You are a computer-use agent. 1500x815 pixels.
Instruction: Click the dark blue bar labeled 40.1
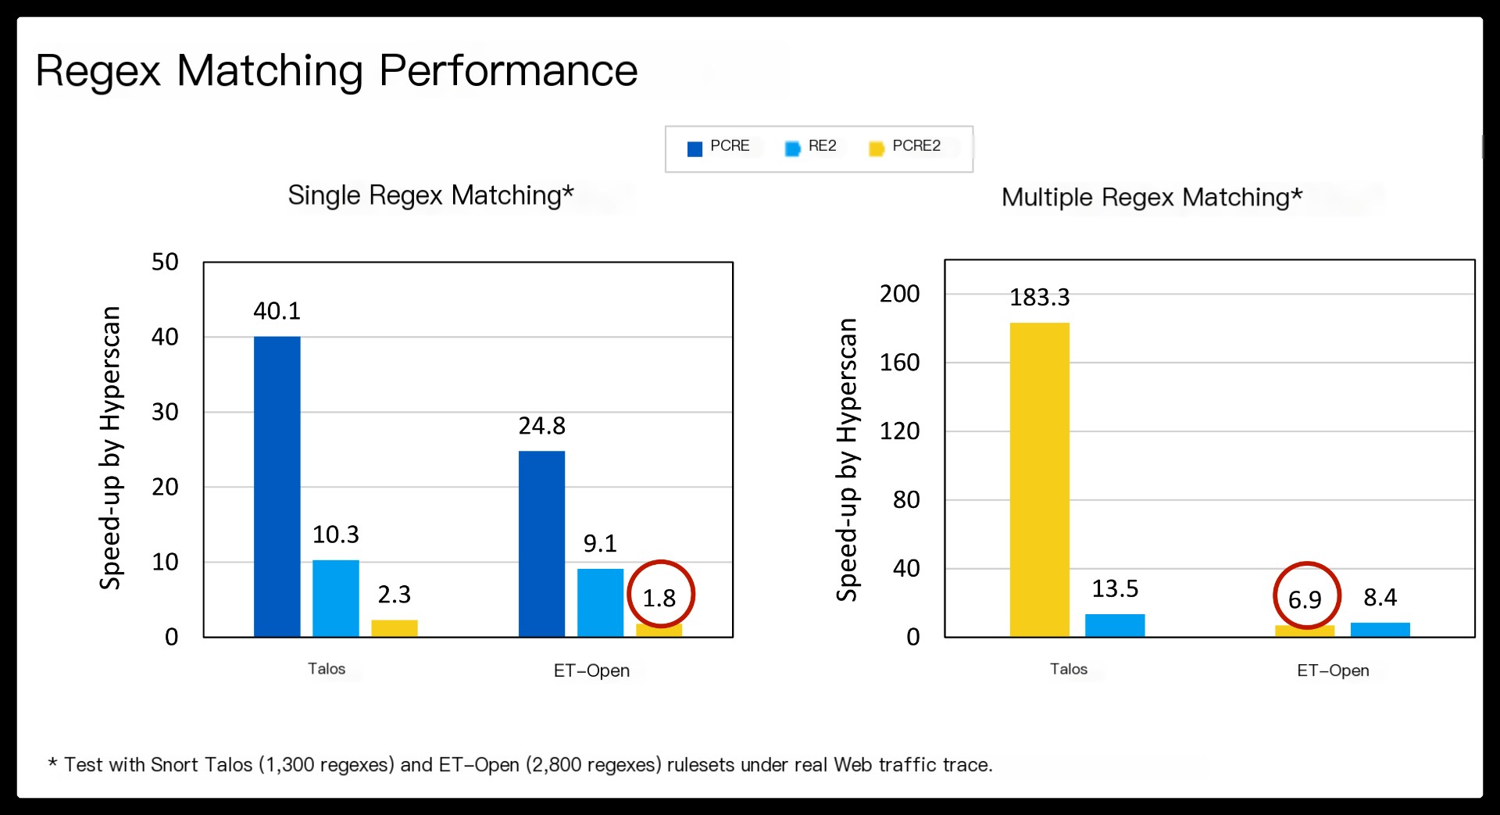(277, 486)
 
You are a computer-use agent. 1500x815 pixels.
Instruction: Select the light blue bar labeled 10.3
(336, 598)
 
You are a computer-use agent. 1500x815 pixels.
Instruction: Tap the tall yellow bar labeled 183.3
(1040, 479)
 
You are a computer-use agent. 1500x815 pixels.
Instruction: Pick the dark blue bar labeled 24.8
(542, 544)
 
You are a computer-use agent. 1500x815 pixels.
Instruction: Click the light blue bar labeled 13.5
(1115, 625)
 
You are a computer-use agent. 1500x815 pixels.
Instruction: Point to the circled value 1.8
(659, 599)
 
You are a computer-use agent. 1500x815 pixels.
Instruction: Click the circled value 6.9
(1305, 600)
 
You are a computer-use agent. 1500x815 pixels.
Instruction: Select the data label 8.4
(1380, 598)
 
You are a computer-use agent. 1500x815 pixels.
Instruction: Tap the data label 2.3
(395, 595)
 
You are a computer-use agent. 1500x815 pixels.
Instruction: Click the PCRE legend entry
(719, 147)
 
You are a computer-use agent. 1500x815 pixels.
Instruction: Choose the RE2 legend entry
(811, 147)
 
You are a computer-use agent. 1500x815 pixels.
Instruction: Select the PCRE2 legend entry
(905, 147)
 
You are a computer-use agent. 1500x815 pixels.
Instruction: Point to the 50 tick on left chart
(165, 262)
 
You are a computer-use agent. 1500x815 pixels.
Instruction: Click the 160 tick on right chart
(900, 363)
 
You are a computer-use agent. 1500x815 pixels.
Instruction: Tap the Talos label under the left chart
(327, 669)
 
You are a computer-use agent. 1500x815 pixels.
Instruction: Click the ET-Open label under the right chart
(1333, 670)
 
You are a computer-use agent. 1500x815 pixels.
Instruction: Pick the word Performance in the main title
(509, 71)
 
